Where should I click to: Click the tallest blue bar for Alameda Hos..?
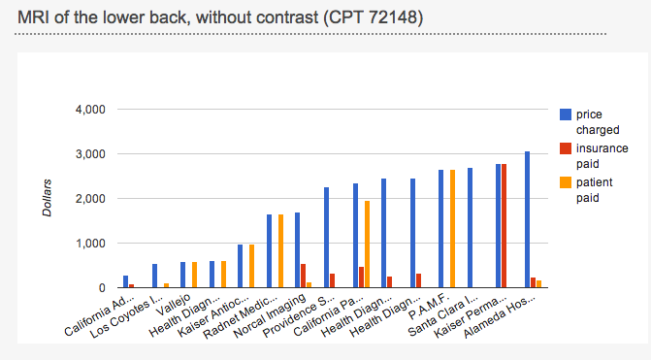click(x=528, y=219)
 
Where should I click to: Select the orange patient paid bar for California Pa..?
click(x=367, y=245)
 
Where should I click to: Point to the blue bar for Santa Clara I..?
click(x=470, y=228)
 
